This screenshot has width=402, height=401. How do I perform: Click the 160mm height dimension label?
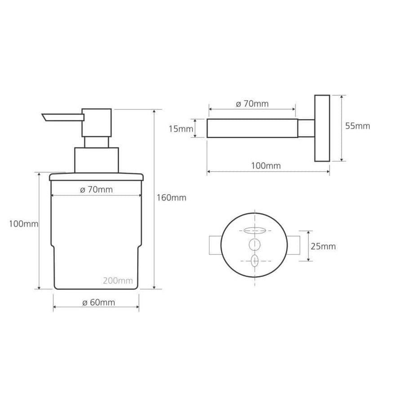(171, 198)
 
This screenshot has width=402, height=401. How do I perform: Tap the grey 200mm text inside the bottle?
(118, 281)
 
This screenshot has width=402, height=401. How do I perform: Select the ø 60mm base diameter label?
(99, 303)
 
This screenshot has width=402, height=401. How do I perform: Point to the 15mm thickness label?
(181, 129)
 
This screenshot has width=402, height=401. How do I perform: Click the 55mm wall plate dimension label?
(357, 126)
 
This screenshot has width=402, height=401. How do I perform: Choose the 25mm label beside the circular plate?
(323, 246)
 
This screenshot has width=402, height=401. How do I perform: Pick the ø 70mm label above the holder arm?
(252, 104)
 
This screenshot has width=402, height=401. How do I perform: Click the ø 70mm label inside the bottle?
(96, 190)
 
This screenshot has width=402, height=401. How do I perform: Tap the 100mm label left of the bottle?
(23, 224)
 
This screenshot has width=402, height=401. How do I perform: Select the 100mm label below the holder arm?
(266, 166)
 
